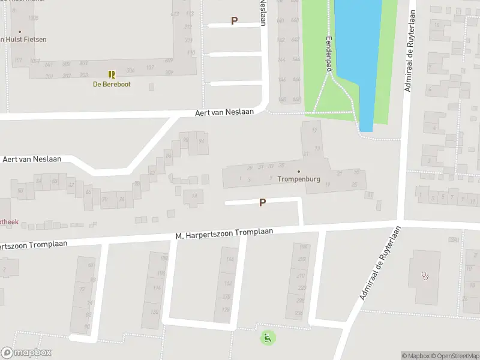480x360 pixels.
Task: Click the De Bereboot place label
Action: (x=111, y=85)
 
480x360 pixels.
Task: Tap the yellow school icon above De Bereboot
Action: (x=112, y=74)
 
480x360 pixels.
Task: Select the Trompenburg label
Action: (x=298, y=179)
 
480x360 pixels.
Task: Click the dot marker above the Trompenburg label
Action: (x=299, y=172)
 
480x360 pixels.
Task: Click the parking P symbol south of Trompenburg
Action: (x=262, y=203)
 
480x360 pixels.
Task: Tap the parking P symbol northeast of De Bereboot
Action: (x=235, y=20)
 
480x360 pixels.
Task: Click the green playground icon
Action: (x=267, y=338)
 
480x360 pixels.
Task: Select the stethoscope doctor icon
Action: (x=425, y=277)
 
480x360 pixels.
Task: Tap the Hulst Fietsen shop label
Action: (x=24, y=40)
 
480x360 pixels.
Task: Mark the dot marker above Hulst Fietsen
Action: (x=20, y=32)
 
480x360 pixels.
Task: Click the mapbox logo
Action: (x=26, y=353)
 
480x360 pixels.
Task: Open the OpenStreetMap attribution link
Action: (x=458, y=356)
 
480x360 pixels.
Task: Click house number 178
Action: (x=226, y=310)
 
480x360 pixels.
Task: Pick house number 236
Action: (x=300, y=313)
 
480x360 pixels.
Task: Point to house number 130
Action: (x=155, y=311)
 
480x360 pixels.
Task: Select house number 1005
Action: (x=33, y=19)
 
